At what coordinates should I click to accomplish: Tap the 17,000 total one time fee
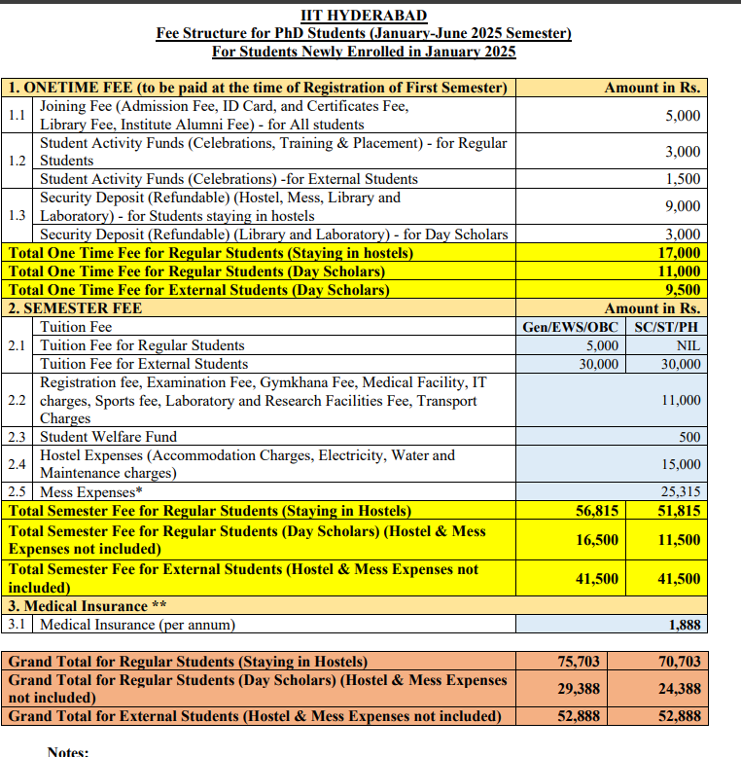point(681,253)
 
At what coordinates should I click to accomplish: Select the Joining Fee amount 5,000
point(683,116)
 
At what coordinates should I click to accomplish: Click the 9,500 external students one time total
point(683,290)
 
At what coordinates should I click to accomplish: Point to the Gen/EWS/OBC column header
point(570,327)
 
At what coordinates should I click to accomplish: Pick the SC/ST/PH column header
point(666,327)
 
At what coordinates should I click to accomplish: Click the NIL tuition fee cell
point(688,345)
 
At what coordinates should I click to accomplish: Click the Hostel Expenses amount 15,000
point(681,465)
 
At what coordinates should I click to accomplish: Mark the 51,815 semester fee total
point(679,511)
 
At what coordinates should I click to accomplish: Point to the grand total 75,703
point(579,662)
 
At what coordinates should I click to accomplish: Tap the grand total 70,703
point(679,662)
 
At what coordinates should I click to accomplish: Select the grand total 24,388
point(679,689)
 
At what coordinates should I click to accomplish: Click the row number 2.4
point(18,465)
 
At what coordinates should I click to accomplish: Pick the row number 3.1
point(18,625)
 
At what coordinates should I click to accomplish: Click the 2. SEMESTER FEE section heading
point(75,308)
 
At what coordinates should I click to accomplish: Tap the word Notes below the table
point(67,751)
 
